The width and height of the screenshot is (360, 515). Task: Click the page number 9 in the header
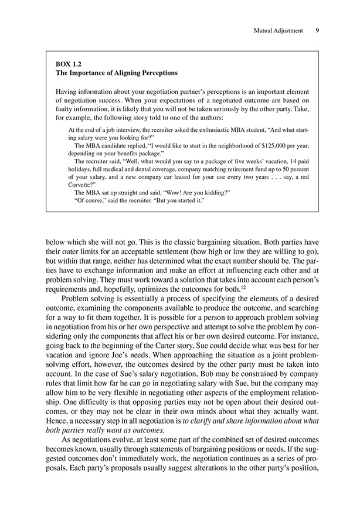coord(317,31)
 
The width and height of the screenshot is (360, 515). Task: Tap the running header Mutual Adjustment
coord(276,31)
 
